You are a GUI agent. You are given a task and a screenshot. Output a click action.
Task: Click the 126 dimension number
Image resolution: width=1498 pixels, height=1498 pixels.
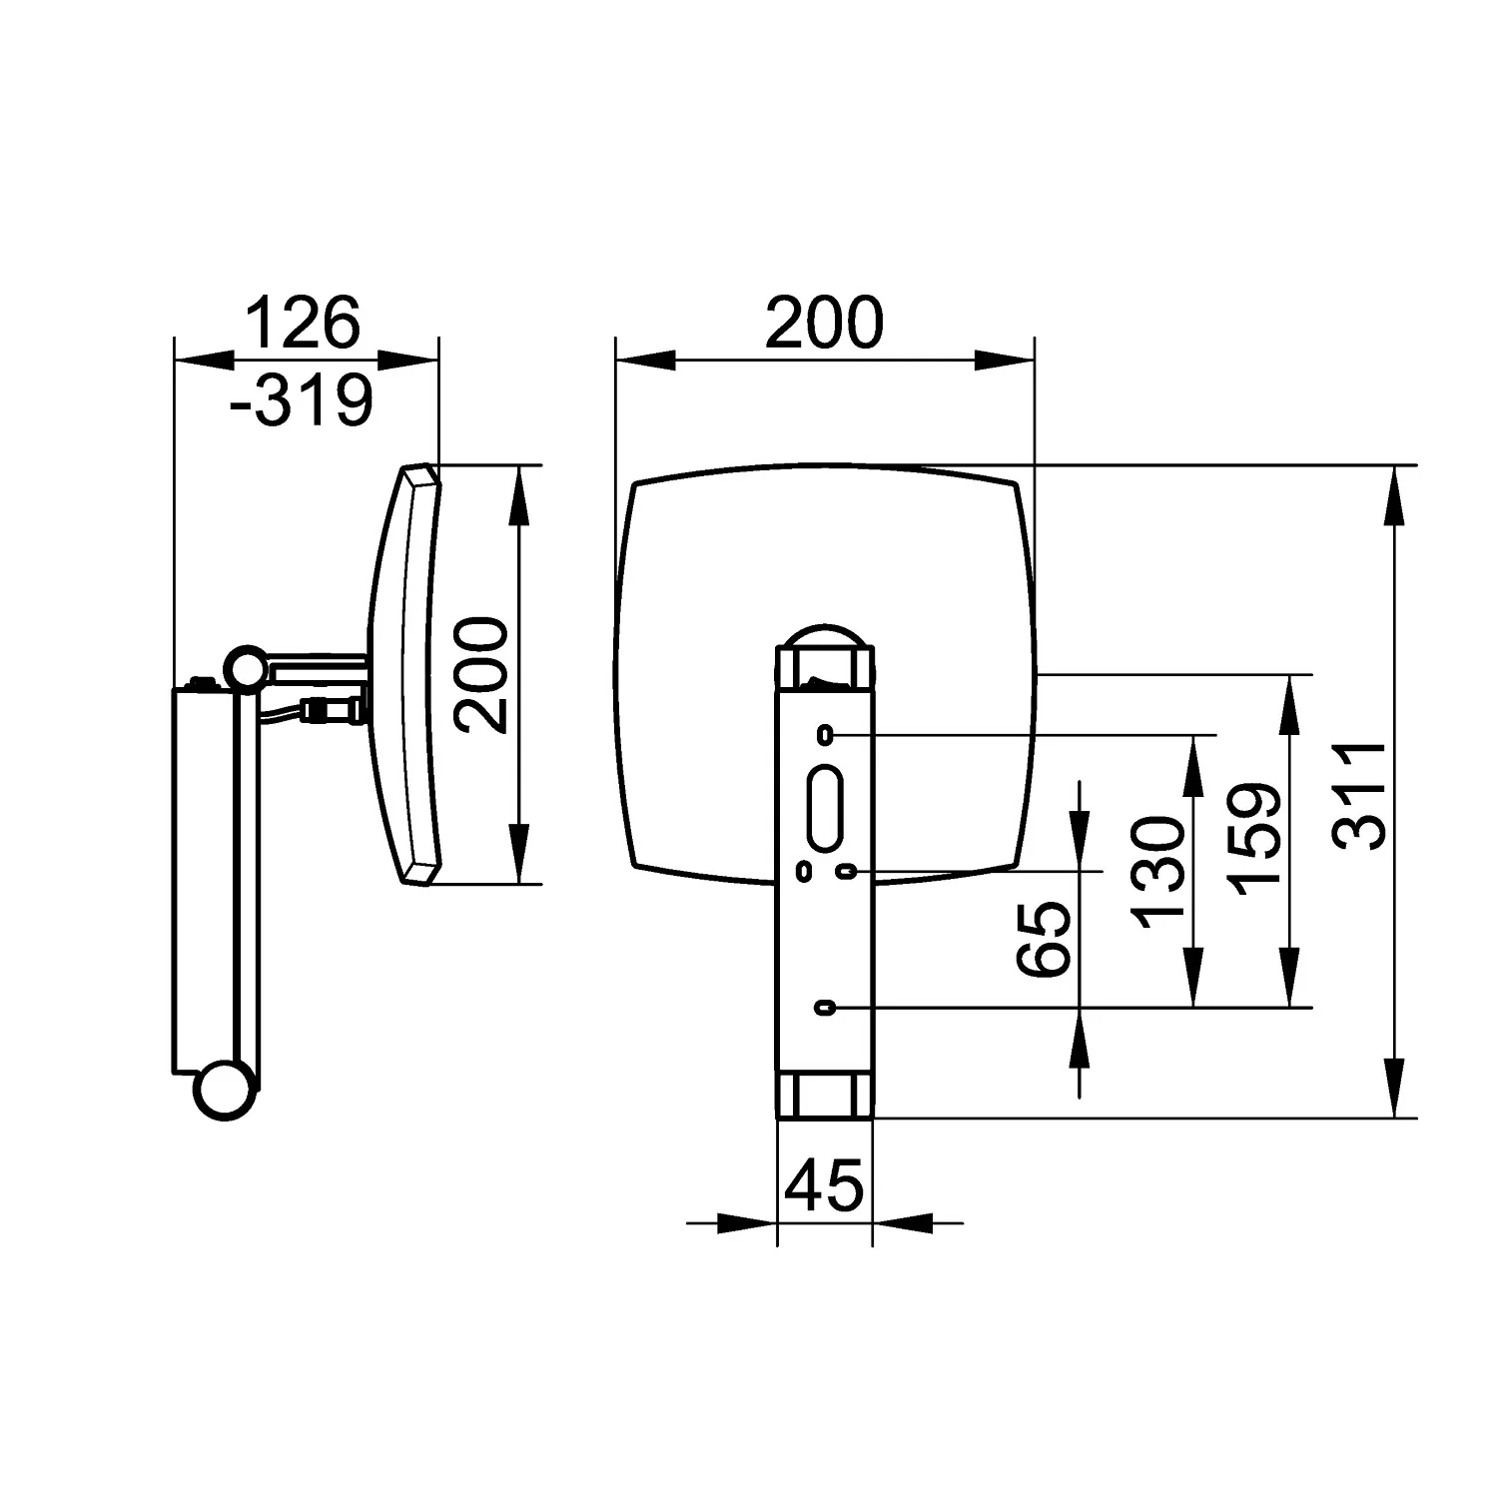click(x=302, y=322)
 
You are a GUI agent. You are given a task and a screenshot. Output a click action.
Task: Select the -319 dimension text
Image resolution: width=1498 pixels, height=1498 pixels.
click(x=301, y=400)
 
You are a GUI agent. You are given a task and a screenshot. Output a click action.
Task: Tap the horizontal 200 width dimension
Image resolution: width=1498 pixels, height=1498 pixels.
click(x=825, y=322)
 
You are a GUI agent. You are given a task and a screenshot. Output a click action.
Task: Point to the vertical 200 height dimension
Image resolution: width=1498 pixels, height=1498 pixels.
click(x=480, y=675)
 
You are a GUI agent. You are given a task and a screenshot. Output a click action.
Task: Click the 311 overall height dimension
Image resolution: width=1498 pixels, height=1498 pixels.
click(x=1362, y=795)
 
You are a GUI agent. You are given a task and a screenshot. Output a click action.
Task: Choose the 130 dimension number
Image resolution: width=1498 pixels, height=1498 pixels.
click(x=1158, y=872)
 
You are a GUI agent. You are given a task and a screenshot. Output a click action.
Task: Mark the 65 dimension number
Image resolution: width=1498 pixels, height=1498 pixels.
click(x=1045, y=939)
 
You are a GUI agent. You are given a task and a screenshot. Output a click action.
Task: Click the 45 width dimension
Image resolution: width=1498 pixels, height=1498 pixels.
click(x=824, y=1186)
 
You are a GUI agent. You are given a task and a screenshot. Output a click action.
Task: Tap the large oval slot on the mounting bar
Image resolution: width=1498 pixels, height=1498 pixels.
click(x=826, y=809)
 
